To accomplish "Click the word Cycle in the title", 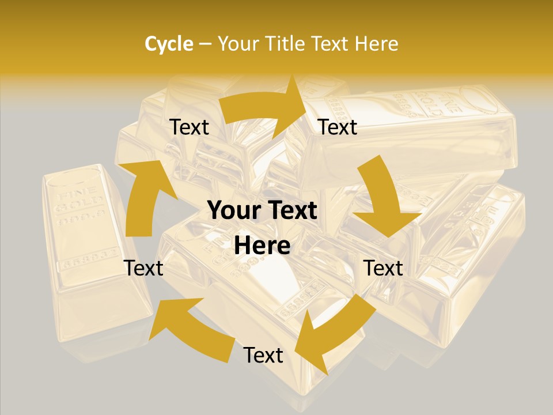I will (169, 44).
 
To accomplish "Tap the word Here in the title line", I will (375, 44).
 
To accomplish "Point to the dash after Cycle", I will (205, 44).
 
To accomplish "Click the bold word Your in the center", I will (232, 211).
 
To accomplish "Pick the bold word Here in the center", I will (262, 246).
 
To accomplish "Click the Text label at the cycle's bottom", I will (263, 355).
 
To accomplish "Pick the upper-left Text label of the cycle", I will (189, 127).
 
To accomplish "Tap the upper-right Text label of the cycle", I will (338, 127).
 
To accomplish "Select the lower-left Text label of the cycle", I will (143, 268).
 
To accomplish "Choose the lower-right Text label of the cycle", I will (383, 268).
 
